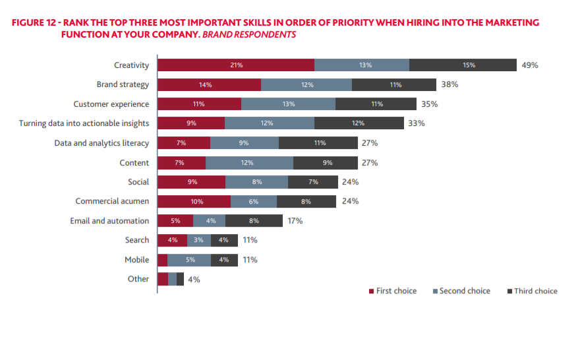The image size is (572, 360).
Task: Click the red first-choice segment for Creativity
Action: [x=236, y=65]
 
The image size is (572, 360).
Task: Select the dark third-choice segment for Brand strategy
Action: [x=394, y=84]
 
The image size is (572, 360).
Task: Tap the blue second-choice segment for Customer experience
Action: [x=288, y=104]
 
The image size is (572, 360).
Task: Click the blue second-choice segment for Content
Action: [x=249, y=162]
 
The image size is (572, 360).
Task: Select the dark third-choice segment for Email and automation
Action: [x=254, y=221]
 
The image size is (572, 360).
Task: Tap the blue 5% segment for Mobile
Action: [x=189, y=260]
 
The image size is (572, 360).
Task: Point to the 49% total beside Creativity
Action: [x=530, y=65]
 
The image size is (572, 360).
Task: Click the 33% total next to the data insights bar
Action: [x=416, y=123]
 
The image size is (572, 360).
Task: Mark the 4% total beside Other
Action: [x=194, y=280]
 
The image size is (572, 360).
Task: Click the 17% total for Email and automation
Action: [x=295, y=221]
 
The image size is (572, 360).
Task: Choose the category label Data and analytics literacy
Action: [x=101, y=143]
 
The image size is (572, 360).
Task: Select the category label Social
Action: [x=138, y=182]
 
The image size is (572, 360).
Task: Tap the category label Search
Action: [x=137, y=240]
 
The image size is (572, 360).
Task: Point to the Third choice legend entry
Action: [x=532, y=291]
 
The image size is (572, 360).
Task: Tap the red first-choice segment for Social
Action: [x=191, y=182]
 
